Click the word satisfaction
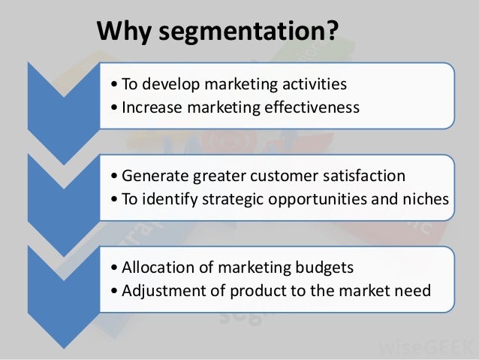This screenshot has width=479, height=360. (x=364, y=177)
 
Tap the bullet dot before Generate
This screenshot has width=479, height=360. (x=113, y=177)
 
